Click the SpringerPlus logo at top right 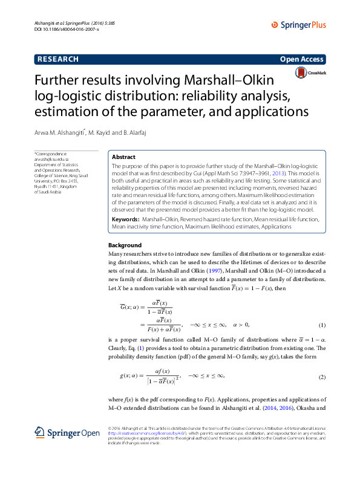298,25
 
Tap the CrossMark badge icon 310,73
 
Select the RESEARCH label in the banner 58,59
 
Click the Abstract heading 124,157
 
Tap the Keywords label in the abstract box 126,218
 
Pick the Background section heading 125,245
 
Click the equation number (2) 322,377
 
